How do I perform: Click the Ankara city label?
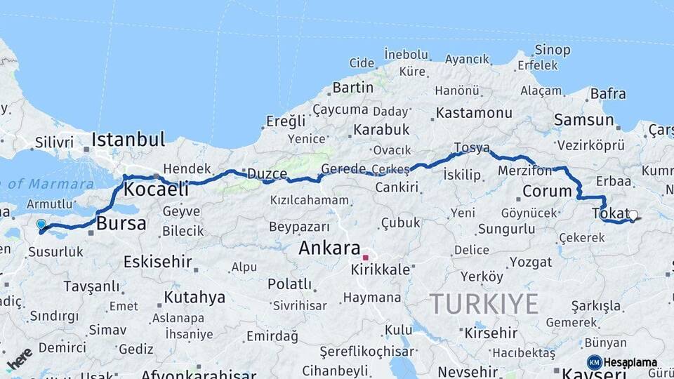pos(329,248)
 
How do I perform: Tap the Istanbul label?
pos(128,138)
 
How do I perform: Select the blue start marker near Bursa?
pos(41,225)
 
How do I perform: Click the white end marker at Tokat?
pos(633,215)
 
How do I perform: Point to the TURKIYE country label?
pos(484,304)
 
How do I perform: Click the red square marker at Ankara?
pos(365,258)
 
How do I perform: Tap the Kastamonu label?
pos(474,112)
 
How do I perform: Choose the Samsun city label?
pos(583,120)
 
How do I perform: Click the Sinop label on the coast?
pos(553,50)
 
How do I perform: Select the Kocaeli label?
pos(157,189)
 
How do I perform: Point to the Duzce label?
pos(265,173)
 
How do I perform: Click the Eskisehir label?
pos(157,262)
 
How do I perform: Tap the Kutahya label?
pos(194,297)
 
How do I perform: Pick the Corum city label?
pos(548,191)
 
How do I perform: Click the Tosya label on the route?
pos(471,147)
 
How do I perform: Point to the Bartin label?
pos(353,88)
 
